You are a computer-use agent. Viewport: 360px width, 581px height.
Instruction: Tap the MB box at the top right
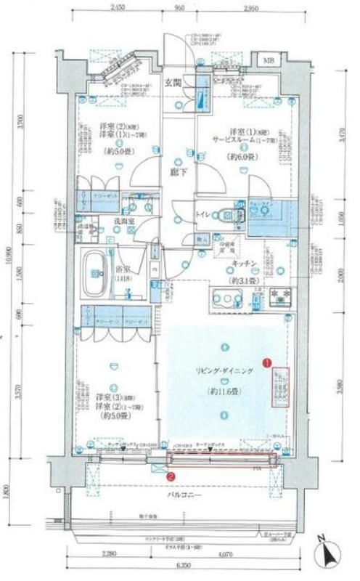[269, 60]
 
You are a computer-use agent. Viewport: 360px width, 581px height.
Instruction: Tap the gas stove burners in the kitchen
[281, 296]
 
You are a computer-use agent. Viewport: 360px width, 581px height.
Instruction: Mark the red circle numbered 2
[170, 476]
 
